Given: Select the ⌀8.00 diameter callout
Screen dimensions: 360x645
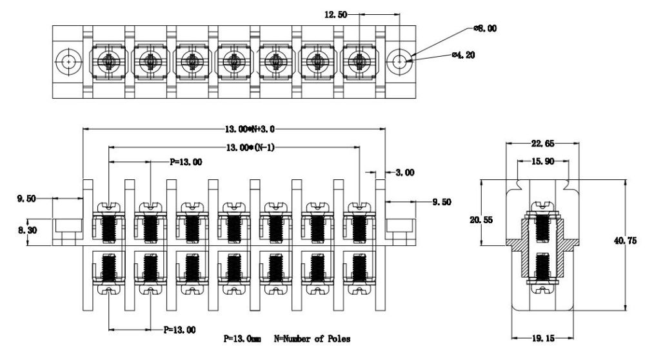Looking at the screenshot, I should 485,28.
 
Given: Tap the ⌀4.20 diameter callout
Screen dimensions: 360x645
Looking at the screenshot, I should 464,55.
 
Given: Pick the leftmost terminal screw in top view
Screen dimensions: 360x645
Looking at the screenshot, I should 108,62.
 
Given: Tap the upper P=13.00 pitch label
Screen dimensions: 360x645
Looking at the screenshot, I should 186,163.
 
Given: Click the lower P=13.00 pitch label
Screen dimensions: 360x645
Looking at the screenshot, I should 179,330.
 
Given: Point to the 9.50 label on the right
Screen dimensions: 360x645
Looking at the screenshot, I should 442,202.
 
